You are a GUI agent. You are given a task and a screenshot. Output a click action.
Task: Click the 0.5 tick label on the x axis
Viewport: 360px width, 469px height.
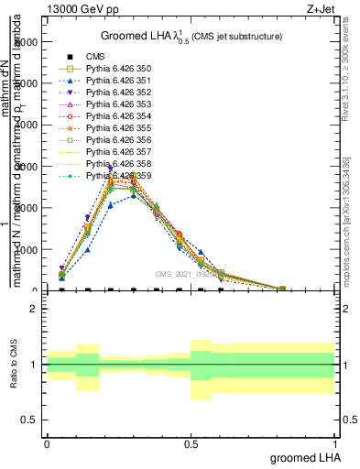coord(191,444)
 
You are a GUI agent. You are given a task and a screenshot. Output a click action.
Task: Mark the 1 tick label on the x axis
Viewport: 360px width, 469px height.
coord(334,444)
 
